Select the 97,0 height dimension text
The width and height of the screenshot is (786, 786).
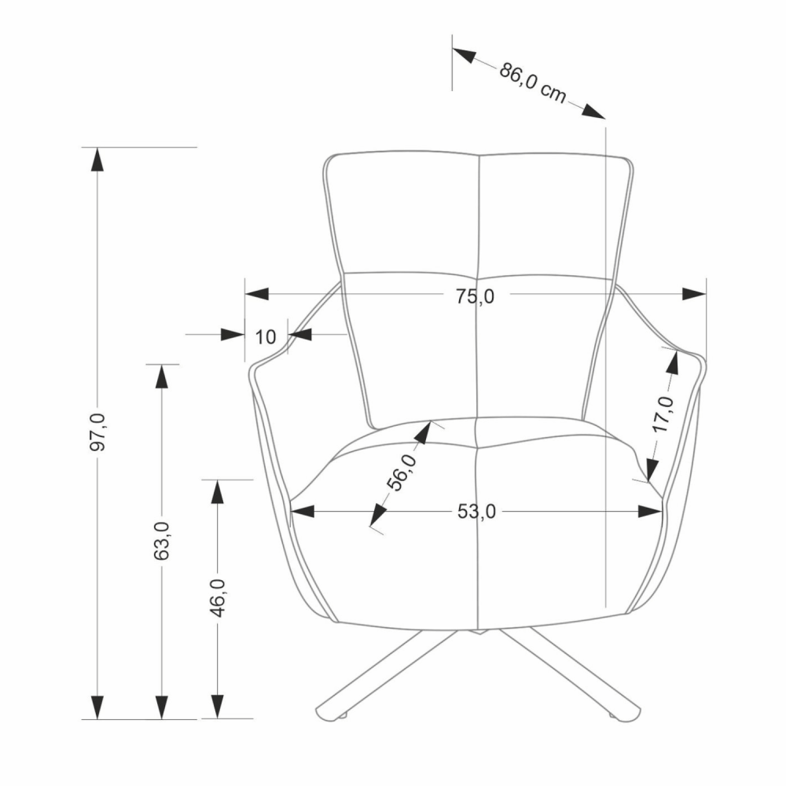coord(97,432)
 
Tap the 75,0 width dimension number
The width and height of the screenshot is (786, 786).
coord(476,297)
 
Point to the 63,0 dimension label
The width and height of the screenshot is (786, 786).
coord(162,541)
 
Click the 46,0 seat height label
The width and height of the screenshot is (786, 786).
coord(218,597)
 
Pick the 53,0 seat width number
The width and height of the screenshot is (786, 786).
coord(477,512)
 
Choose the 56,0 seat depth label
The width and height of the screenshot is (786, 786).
coord(402,472)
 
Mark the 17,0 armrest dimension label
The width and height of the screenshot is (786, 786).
coord(663,414)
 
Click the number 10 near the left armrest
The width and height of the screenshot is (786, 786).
coord(266,337)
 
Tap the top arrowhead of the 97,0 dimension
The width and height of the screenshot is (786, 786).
coord(97,159)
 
